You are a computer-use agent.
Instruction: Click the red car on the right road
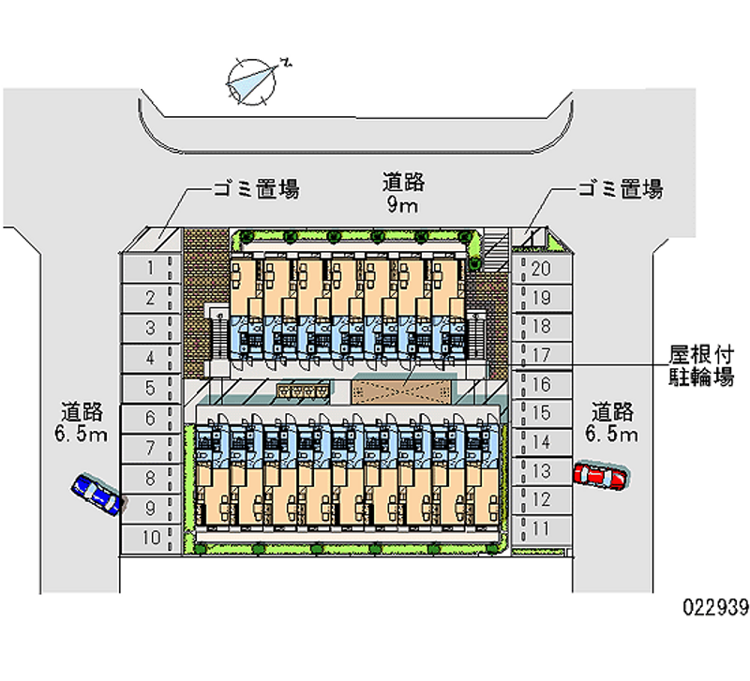(601, 476)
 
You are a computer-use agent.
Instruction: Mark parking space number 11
(541, 528)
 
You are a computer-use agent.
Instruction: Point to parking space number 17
(541, 355)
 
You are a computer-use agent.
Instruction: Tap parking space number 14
(541, 441)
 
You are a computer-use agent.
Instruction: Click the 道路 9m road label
(401, 193)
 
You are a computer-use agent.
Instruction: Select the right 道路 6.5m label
(614, 422)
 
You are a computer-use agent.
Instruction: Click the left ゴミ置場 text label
(256, 190)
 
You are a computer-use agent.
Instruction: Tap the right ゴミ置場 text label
(620, 190)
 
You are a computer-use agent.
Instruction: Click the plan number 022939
(715, 608)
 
